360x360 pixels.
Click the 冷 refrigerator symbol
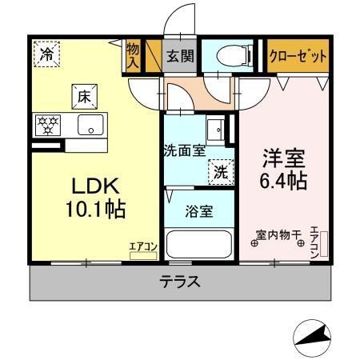click(47, 55)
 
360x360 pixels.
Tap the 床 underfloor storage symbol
click(83, 97)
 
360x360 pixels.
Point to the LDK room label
click(95, 186)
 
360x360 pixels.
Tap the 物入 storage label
click(133, 57)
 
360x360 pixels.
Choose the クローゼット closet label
click(298, 56)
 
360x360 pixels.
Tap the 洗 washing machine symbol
click(219, 170)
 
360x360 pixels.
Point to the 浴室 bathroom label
click(200, 211)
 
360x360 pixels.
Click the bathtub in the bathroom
click(200, 244)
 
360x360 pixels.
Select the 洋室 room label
click(283, 156)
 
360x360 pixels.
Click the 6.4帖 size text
click(283, 180)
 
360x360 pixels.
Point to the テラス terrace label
click(179, 282)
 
